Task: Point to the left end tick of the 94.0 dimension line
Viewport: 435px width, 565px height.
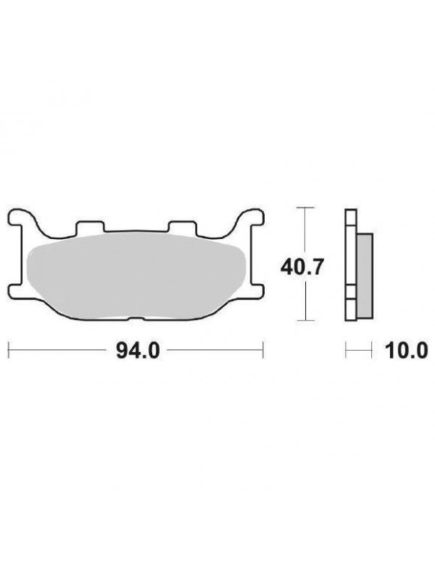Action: click(x=8, y=350)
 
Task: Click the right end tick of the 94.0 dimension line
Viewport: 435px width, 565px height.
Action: click(x=263, y=350)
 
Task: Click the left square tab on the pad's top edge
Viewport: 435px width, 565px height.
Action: click(x=88, y=226)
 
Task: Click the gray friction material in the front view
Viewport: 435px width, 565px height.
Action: click(x=135, y=274)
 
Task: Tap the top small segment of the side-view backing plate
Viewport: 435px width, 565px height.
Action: click(x=349, y=217)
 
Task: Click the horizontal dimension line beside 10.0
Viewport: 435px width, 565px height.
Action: click(x=358, y=350)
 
